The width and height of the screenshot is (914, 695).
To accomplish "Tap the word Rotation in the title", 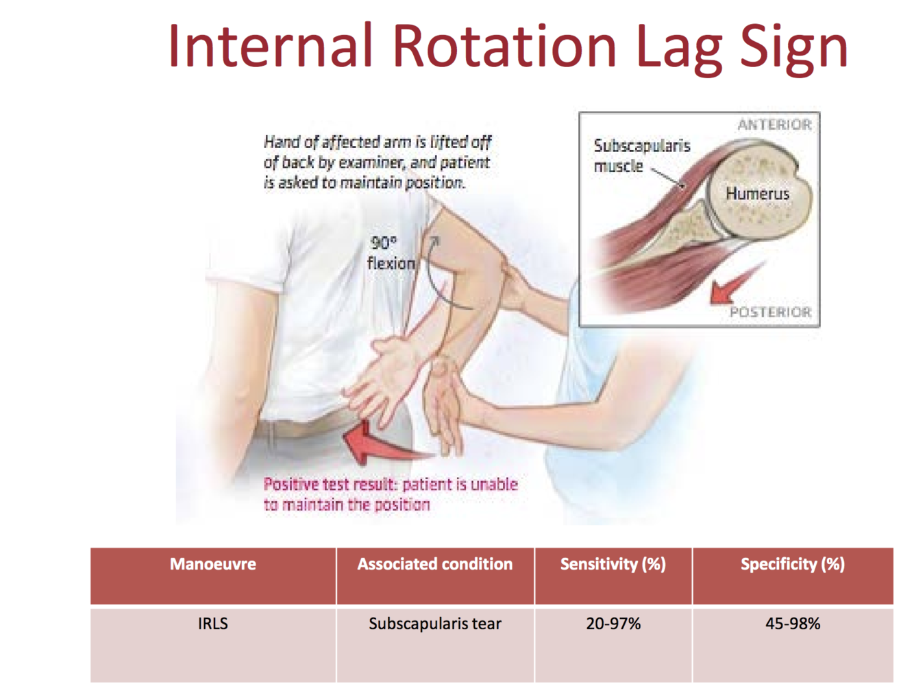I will [x=504, y=47].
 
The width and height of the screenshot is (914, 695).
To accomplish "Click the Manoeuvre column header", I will [x=213, y=564].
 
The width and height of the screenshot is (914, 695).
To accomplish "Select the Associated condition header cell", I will [x=435, y=564].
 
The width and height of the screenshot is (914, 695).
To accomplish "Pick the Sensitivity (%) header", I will [x=613, y=564].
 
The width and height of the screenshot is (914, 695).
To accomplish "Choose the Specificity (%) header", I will [x=793, y=564].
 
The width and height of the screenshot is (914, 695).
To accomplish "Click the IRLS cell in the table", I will [x=213, y=624].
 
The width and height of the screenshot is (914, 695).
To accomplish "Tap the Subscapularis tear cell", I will [x=435, y=624].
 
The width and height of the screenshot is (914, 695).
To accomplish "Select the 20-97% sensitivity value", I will [x=613, y=624].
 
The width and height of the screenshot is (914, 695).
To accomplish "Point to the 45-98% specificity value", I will [x=793, y=624].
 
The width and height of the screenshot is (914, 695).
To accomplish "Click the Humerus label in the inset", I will [x=757, y=194].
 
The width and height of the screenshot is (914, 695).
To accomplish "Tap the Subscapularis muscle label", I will [x=641, y=156].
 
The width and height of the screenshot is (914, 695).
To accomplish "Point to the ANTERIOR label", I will [x=774, y=125].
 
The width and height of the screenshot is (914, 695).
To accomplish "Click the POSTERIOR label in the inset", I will [x=770, y=313].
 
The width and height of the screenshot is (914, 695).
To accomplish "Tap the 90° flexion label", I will [x=391, y=253].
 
